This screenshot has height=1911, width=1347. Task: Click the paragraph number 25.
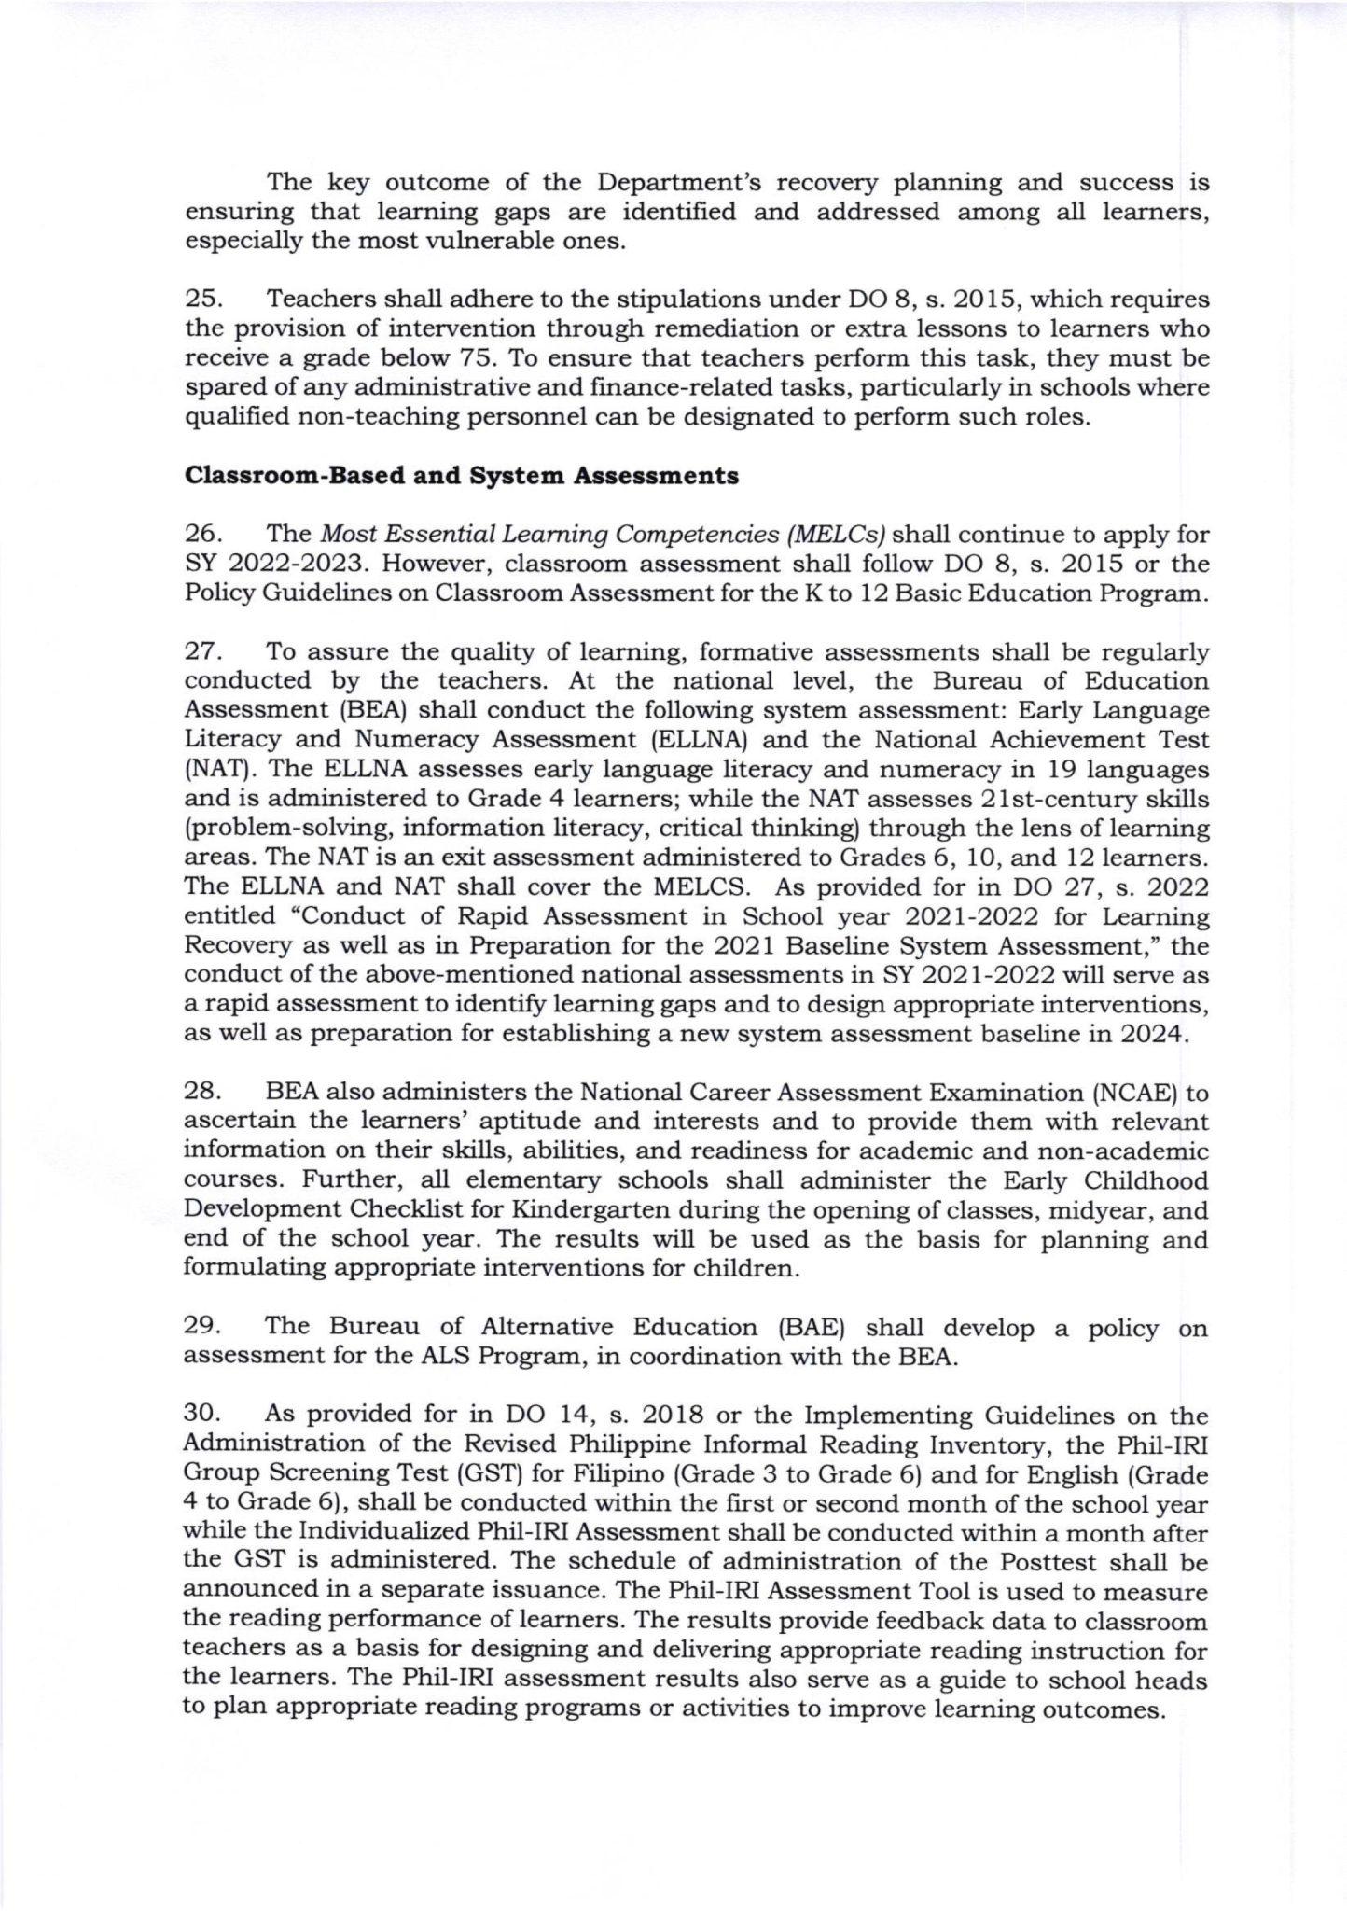pyautogui.click(x=201, y=300)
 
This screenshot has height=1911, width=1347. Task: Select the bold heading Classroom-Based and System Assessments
pyautogui.click(x=462, y=476)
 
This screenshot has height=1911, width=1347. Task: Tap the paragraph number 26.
pyautogui.click(x=201, y=535)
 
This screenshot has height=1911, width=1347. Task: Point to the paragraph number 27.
pyautogui.click(x=201, y=652)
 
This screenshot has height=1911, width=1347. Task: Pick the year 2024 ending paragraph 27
pyautogui.click(x=1153, y=1035)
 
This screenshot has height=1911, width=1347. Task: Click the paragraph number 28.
pyautogui.click(x=201, y=1094)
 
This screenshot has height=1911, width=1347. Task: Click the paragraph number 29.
pyautogui.click(x=201, y=1329)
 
